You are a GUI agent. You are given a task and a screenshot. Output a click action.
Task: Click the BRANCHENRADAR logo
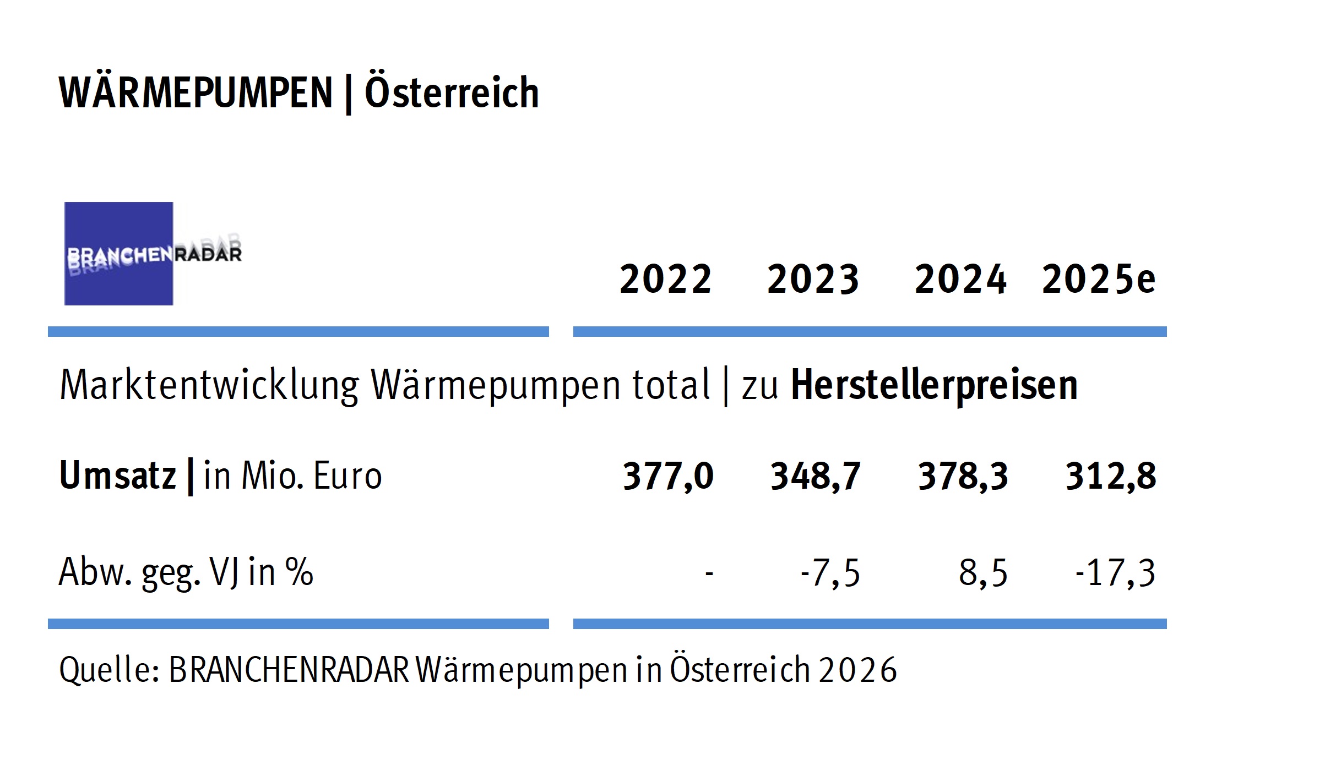pos(153,254)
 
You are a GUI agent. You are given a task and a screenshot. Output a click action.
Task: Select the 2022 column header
pos(666,279)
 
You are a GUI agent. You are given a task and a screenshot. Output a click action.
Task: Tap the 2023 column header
pos(813,279)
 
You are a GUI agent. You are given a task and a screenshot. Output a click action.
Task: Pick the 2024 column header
pos(960,279)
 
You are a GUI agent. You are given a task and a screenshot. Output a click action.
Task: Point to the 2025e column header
pos(1099,279)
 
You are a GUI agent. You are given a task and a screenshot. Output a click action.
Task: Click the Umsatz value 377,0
pos(668,476)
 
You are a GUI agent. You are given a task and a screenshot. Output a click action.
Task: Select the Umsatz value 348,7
pos(815,476)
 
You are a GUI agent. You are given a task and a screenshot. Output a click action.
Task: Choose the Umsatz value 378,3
pos(963,476)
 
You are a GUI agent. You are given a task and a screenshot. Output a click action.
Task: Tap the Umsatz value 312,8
pos(1111,476)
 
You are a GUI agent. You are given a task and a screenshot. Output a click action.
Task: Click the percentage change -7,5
pos(830,573)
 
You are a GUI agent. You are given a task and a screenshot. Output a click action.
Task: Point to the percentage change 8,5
pos(983,573)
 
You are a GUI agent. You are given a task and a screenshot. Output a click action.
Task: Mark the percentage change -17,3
pos(1115,573)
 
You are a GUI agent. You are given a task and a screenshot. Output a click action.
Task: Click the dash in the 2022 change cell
pos(709,574)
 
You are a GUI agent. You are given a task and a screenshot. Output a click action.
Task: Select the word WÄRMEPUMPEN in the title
pos(196,92)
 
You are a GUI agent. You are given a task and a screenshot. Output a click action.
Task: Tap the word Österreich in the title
pos(452,92)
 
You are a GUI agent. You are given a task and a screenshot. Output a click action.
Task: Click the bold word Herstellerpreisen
pos(934,385)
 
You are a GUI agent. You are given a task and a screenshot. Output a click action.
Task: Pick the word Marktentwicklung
pos(209,385)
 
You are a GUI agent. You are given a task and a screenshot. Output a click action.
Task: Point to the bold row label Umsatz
pos(117,475)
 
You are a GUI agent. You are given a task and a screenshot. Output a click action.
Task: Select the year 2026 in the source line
pos(857,670)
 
